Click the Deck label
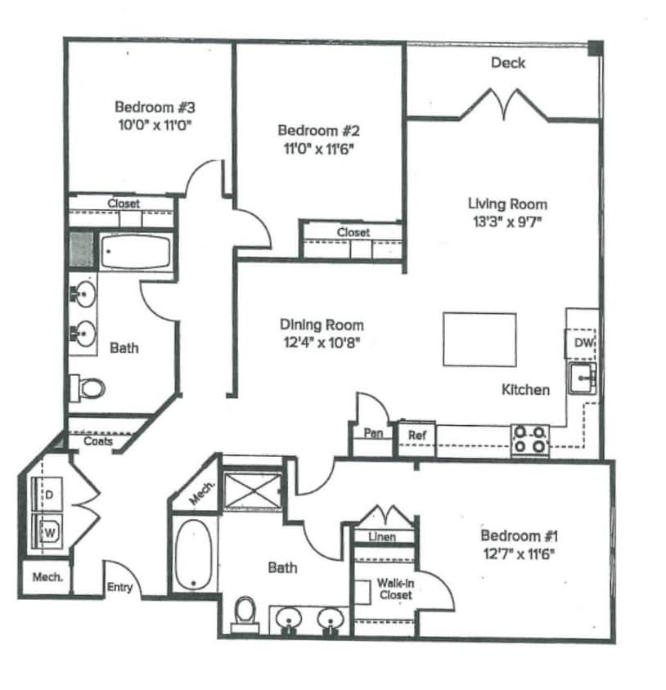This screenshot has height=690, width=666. coord(507,63)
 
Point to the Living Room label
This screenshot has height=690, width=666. coord(507,204)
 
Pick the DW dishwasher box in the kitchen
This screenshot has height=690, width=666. coord(583,343)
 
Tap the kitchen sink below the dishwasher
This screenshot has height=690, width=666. coord(583,378)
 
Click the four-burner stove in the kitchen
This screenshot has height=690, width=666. coord(530,440)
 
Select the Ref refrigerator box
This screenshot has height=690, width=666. coord(416,435)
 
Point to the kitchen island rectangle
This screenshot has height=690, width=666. coord(479,339)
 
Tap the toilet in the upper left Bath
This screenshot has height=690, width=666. coord(85,387)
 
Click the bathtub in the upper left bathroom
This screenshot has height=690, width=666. coord(135,251)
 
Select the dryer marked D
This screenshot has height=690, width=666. coord(47,495)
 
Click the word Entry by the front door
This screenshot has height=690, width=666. coord(119,586)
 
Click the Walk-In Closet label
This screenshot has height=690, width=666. coord(394,589)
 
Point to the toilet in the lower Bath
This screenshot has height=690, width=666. coord(245,613)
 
